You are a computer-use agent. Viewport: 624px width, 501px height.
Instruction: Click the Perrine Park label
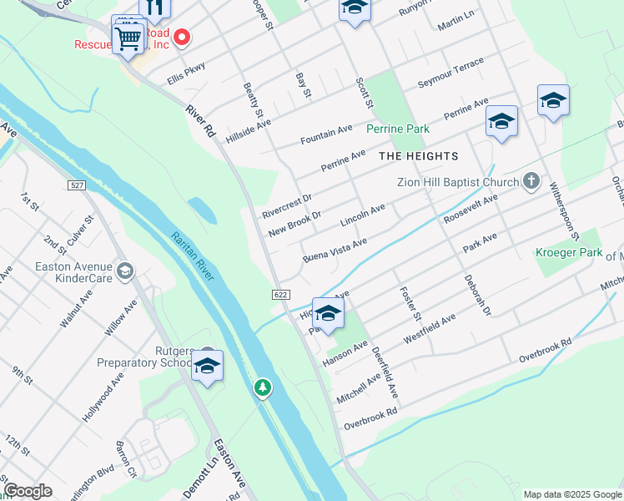pyautogui.click(x=398, y=129)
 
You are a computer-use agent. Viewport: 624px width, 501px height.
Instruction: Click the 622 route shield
pyautogui.click(x=280, y=295)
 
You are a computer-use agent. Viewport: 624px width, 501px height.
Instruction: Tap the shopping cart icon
pyautogui.click(x=128, y=37)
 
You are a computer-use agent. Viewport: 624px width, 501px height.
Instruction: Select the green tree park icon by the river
pyautogui.click(x=263, y=387)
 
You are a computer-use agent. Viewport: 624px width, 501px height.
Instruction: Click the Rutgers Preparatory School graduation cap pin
pyautogui.click(x=207, y=367)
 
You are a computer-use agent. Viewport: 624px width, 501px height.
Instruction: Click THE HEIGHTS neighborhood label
pyautogui.click(x=419, y=156)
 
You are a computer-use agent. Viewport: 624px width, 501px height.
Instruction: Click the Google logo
pyautogui.click(x=28, y=491)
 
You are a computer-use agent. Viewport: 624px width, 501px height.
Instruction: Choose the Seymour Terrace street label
pyautogui.click(x=450, y=74)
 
